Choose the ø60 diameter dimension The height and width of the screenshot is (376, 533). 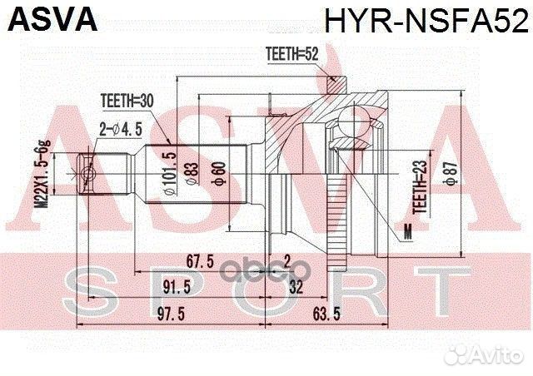(x=219, y=176)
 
